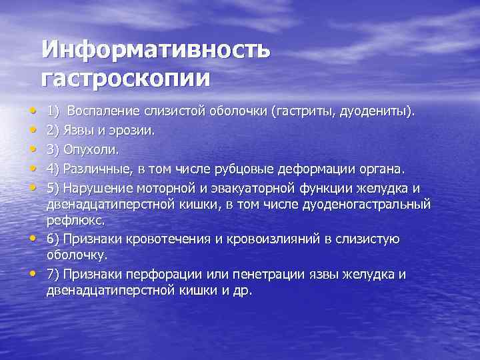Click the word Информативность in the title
point(155,50)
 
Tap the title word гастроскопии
point(125,77)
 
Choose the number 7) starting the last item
point(54,275)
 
